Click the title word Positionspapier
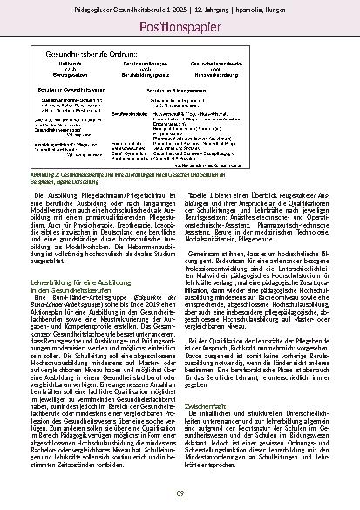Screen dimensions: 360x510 tap(180, 27)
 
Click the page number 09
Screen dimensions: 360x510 tap(180, 494)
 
